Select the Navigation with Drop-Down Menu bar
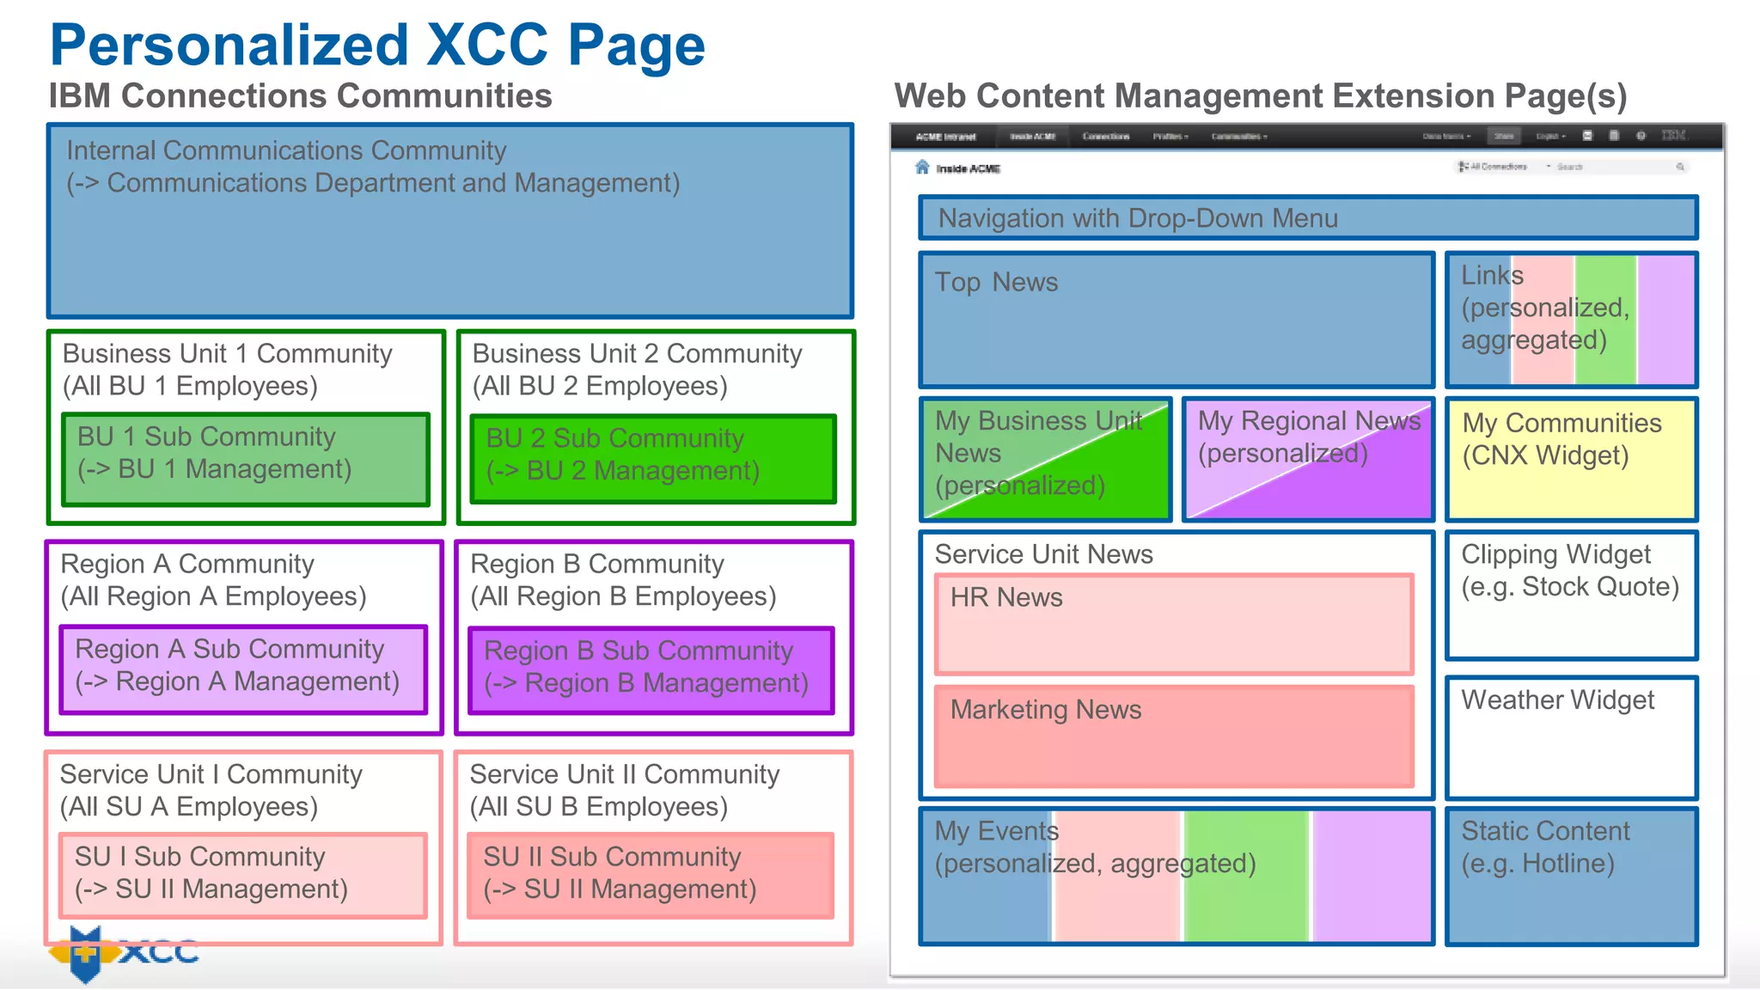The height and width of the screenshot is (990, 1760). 1308,218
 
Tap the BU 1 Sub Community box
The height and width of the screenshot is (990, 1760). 246,459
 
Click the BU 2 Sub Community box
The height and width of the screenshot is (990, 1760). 653,459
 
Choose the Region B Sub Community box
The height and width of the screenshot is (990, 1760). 651,670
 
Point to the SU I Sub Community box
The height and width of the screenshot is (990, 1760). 243,875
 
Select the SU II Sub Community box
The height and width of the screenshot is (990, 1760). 651,875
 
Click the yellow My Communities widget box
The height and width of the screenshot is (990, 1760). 1571,459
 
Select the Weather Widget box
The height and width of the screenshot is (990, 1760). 1571,737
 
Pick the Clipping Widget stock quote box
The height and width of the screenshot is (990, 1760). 1571,595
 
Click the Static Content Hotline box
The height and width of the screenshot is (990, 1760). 1571,875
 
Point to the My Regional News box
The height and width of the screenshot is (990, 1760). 1308,459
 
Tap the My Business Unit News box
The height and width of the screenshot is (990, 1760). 1045,459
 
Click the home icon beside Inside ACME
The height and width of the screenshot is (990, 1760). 922,167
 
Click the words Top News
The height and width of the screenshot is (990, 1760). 996,283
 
